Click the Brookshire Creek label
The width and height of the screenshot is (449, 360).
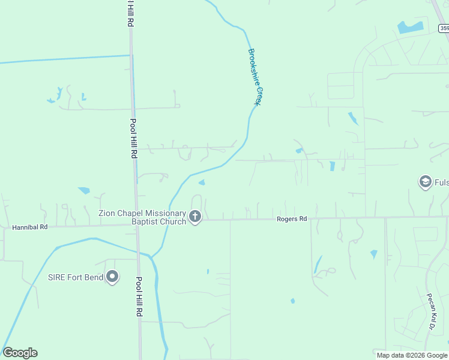[255, 77]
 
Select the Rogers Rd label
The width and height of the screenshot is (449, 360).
[292, 219]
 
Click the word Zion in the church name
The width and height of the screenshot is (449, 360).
[107, 212]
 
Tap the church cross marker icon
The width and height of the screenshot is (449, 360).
[195, 216]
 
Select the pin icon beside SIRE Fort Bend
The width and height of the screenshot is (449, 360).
[112, 277]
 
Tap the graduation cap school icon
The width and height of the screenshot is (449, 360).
[426, 182]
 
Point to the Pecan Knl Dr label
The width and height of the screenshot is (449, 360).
[430, 311]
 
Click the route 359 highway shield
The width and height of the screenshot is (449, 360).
[444, 28]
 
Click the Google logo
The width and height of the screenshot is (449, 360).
[20, 353]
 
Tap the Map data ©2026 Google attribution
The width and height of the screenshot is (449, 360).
[412, 355]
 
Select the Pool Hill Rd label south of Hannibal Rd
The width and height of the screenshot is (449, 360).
[139, 296]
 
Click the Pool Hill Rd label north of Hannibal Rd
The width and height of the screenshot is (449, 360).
[133, 138]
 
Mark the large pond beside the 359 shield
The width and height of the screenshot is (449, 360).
[410, 27]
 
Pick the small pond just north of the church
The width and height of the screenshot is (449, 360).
[202, 182]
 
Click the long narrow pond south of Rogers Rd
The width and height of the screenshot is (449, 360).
[317, 264]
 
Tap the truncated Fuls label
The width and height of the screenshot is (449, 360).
[442, 182]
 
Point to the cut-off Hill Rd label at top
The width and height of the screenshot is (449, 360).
[130, 12]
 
